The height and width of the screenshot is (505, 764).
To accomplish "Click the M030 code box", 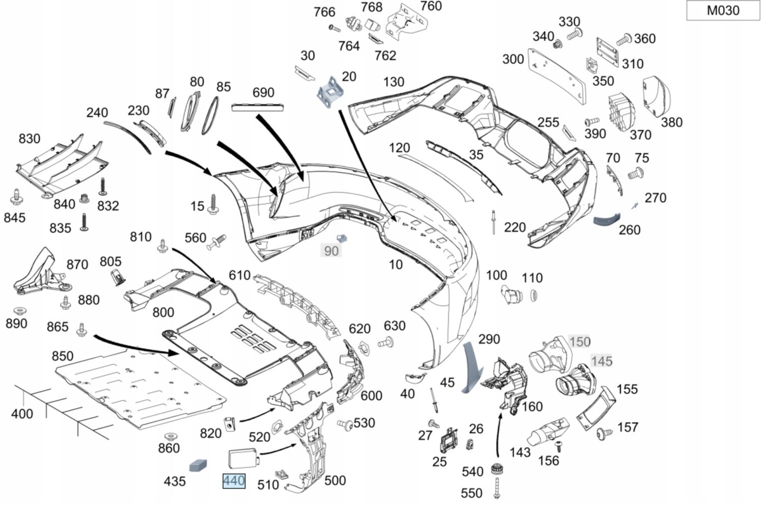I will click(723, 11).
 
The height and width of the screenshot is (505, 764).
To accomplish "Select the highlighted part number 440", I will click(234, 481).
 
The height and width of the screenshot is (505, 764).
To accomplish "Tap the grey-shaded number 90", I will click(331, 251).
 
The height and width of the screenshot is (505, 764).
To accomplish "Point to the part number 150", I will click(580, 341).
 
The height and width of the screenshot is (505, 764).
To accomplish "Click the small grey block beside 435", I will click(198, 465).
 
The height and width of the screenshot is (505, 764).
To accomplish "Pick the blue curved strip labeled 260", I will click(606, 219).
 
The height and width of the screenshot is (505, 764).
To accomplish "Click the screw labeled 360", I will click(623, 39).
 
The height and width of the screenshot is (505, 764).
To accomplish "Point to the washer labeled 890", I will click(19, 310).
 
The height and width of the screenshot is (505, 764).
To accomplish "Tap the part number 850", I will click(63, 356).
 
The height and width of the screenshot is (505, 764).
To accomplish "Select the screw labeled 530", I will click(345, 424).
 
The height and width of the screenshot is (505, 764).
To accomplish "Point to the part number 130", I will click(394, 82).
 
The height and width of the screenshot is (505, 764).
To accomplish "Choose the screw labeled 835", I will click(85, 222).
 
